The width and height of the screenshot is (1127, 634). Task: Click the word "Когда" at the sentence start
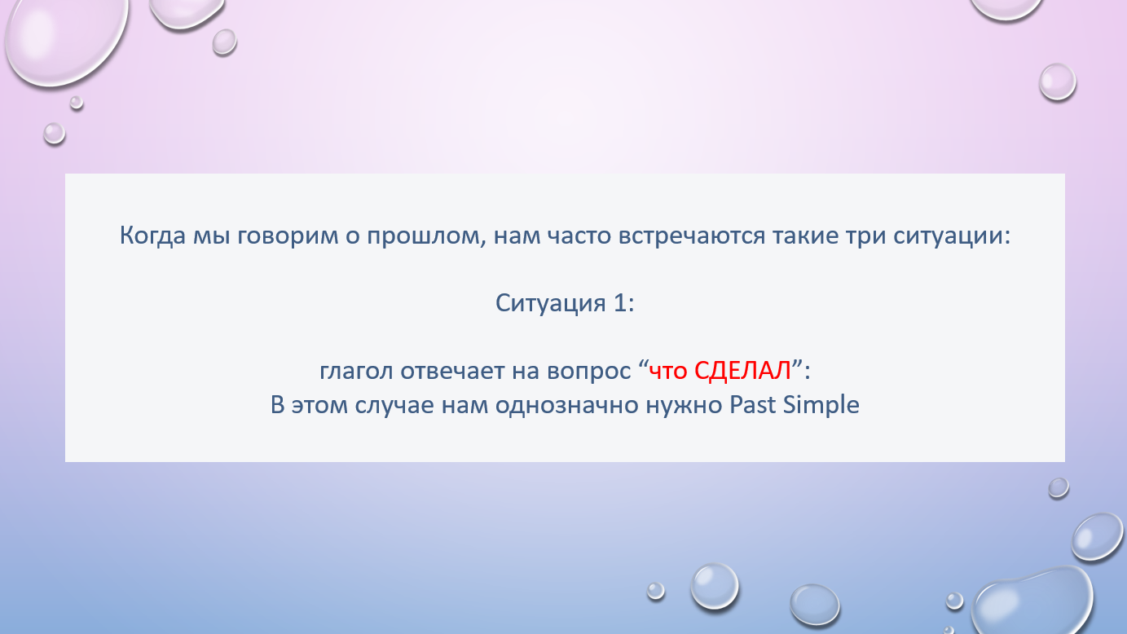click(x=152, y=236)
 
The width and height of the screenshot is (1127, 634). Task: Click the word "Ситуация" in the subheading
click(x=550, y=303)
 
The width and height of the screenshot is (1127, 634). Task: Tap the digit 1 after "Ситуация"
click(x=619, y=303)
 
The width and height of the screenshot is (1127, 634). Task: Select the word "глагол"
click(x=356, y=372)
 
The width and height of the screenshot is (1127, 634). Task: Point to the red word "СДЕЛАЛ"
click(x=742, y=372)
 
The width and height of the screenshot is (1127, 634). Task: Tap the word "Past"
click(x=753, y=404)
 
